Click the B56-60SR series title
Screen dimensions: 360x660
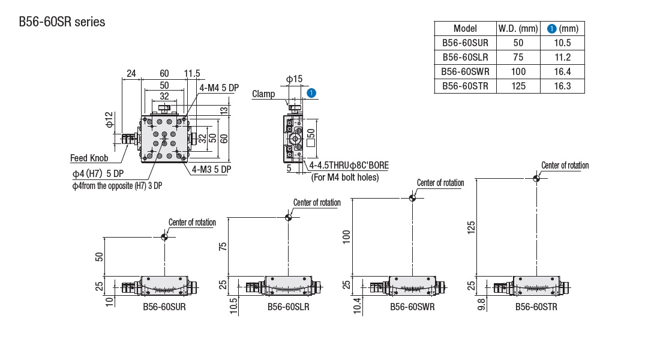click(62, 22)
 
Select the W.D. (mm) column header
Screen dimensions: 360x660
click(518, 28)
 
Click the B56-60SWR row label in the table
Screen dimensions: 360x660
click(465, 71)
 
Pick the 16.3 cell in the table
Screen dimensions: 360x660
click(563, 86)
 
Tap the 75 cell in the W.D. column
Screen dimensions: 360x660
click(518, 57)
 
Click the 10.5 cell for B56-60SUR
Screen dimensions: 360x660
click(563, 43)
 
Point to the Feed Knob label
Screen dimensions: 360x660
click(89, 158)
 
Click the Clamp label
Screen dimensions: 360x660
click(263, 94)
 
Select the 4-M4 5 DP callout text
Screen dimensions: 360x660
click(219, 88)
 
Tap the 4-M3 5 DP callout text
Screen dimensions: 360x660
click(211, 170)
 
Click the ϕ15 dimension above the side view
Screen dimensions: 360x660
click(294, 79)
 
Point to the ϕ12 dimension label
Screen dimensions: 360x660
click(108, 119)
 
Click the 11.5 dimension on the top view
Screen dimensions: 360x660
click(192, 74)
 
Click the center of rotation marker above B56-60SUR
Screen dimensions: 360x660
click(165, 236)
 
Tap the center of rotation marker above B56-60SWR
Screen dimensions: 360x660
click(412, 198)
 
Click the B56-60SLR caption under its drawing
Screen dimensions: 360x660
click(289, 307)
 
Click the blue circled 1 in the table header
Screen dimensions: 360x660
click(551, 28)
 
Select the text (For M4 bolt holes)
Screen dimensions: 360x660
click(345, 177)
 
